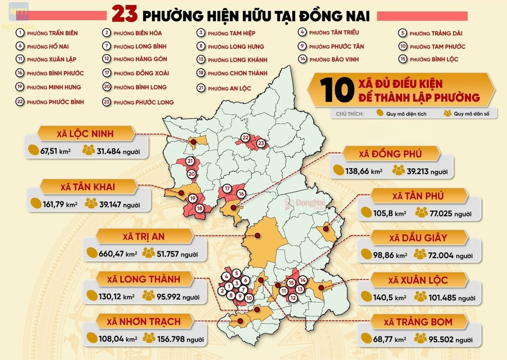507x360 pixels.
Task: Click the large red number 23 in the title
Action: [124, 14]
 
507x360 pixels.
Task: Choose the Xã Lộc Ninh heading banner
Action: [85, 134]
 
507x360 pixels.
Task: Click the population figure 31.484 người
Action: [118, 151]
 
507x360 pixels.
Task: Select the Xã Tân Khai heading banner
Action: [88, 187]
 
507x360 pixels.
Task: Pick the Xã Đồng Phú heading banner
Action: [390, 154]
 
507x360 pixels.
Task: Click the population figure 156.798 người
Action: [180, 339]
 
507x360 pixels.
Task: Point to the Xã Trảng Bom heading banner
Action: [418, 322]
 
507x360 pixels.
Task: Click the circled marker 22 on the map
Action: [245, 137]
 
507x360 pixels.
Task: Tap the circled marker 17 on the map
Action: [227, 189]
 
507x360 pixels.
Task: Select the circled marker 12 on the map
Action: [293, 298]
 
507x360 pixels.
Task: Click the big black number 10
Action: [337, 90]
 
